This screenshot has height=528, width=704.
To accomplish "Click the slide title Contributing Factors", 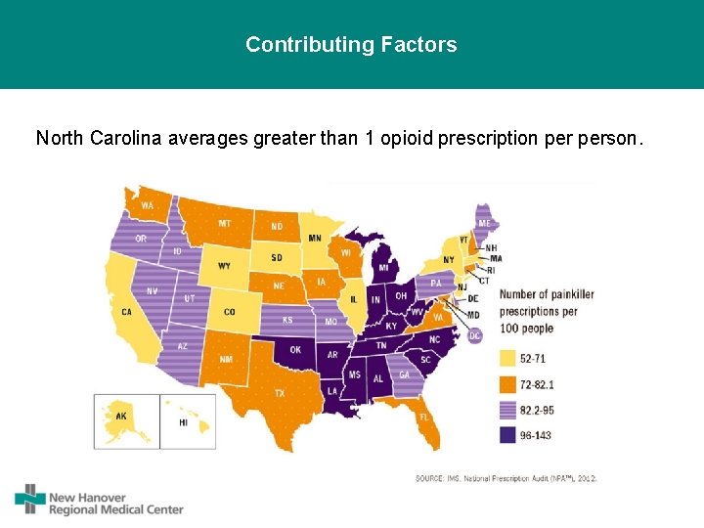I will [x=351, y=45].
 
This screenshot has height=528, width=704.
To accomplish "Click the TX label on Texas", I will [x=279, y=393].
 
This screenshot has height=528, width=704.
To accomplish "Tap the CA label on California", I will [x=126, y=312].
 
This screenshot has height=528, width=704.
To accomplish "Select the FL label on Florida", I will [x=424, y=417].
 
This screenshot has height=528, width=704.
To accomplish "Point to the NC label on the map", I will [x=434, y=339].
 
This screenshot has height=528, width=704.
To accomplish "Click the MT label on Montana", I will [x=225, y=224].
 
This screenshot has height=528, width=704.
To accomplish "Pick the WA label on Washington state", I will [x=147, y=206].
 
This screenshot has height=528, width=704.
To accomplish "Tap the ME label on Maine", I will [x=484, y=223].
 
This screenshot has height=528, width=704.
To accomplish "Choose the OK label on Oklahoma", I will [x=295, y=350].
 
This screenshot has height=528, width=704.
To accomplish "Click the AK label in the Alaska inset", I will [x=121, y=416].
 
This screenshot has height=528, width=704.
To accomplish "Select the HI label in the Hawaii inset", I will [x=183, y=422].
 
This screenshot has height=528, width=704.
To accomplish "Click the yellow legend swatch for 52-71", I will [x=508, y=358].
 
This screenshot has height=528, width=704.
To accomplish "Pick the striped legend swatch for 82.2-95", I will [x=508, y=410].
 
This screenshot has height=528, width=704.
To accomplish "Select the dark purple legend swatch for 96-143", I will [x=508, y=436].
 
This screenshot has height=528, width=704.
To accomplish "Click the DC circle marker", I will [x=475, y=335].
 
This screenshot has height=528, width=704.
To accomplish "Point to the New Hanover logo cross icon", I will [x=30, y=499].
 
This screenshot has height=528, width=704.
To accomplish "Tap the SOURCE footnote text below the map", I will [x=506, y=477].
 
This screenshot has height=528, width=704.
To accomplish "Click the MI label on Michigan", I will [x=383, y=267].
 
